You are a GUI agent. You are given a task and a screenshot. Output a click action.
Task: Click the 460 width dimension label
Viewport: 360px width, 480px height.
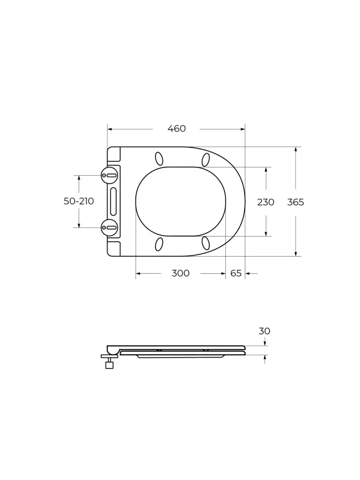click(x=176, y=129)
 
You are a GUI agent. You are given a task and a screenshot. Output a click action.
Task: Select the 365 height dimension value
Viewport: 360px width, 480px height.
click(x=295, y=202)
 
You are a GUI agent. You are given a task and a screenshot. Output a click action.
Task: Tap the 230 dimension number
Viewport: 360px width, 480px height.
click(x=265, y=202)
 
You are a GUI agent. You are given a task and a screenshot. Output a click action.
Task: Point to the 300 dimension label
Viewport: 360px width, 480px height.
click(x=180, y=273)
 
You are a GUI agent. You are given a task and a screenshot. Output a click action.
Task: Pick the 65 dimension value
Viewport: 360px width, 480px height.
click(x=235, y=273)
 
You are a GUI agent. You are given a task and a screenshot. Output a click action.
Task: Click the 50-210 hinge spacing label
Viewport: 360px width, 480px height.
click(x=79, y=201)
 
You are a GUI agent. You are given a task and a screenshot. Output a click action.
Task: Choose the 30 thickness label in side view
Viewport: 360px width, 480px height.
click(x=264, y=331)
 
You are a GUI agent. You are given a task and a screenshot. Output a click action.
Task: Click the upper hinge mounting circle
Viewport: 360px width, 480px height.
click(x=110, y=176)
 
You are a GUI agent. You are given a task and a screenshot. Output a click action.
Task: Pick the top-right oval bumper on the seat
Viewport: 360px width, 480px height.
click(x=206, y=160)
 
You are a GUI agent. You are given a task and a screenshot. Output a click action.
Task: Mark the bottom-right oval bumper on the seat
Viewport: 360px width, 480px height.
click(x=206, y=242)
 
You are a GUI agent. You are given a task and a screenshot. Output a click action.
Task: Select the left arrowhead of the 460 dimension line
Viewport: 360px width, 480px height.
click(x=110, y=129)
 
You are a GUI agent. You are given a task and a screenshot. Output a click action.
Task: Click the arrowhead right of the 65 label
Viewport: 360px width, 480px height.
click(x=248, y=273)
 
